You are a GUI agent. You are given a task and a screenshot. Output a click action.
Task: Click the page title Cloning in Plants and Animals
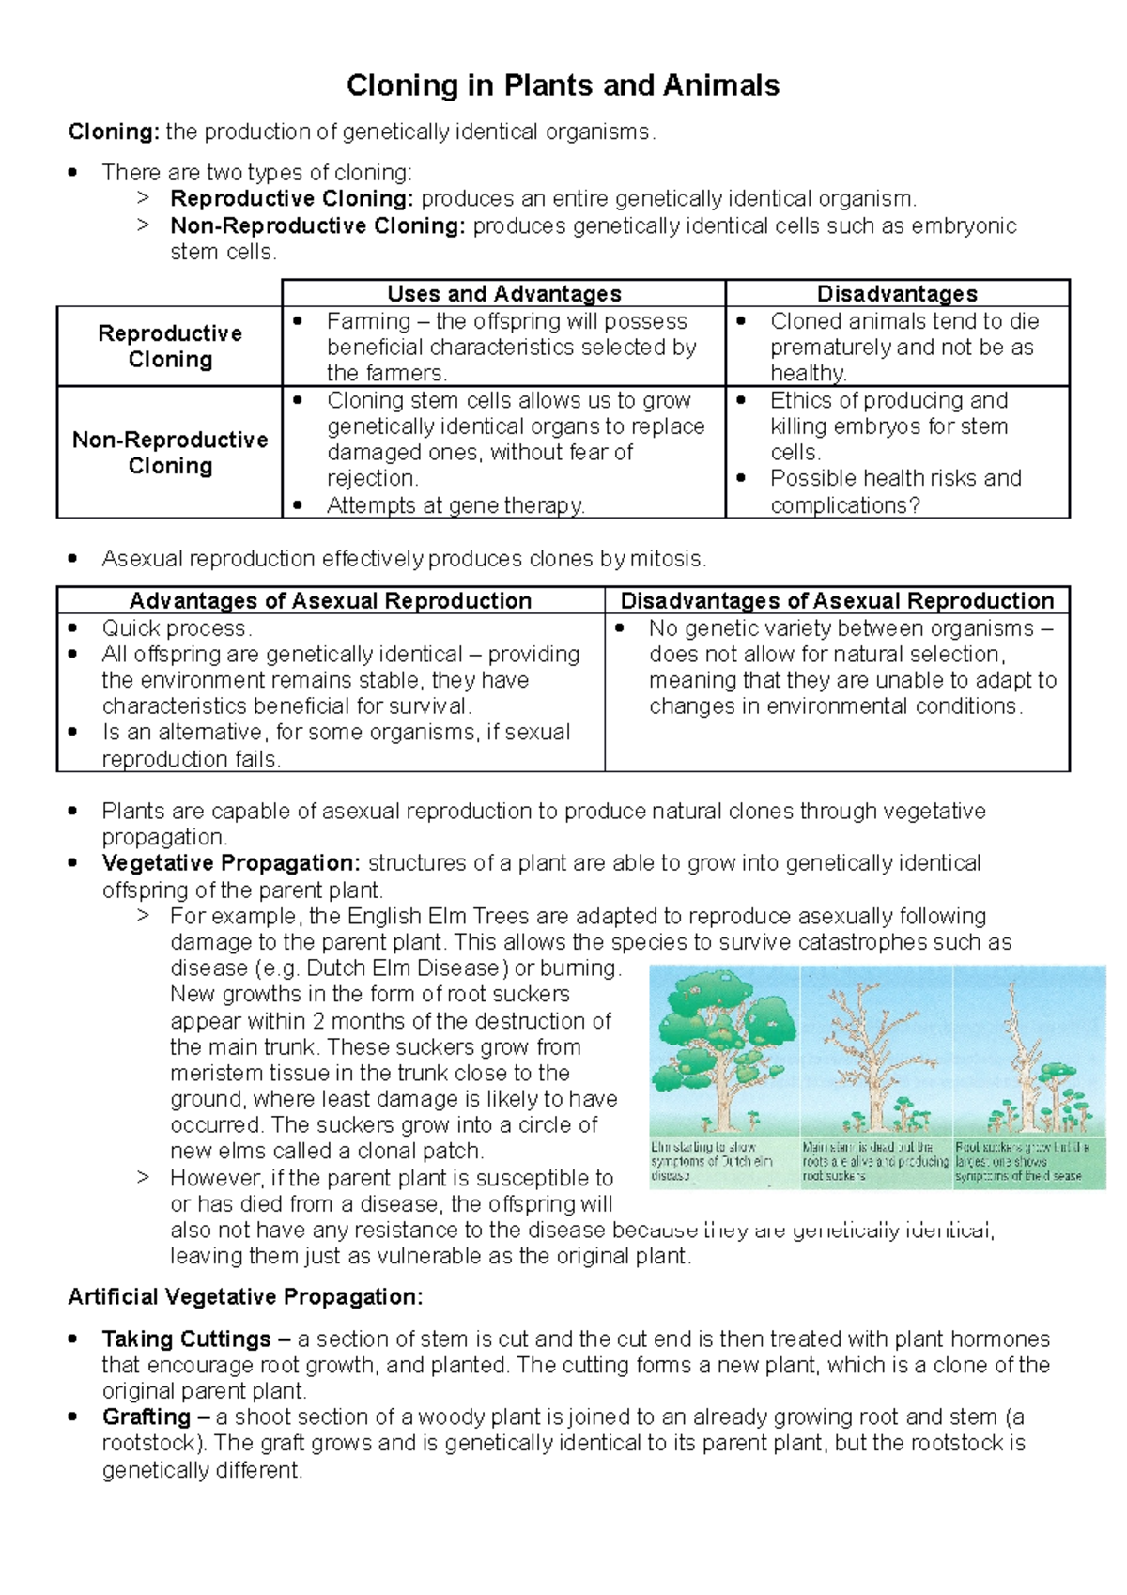click(563, 85)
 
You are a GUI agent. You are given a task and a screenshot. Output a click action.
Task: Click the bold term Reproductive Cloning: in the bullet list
click(291, 199)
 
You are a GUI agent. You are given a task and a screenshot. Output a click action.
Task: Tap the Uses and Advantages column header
click(504, 294)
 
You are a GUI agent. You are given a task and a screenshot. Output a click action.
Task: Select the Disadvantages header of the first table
click(897, 294)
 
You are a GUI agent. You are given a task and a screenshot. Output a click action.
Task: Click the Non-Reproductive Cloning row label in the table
click(170, 453)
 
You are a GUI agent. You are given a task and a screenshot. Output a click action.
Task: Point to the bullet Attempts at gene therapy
click(455, 505)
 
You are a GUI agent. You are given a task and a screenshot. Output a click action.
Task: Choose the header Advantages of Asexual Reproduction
click(331, 601)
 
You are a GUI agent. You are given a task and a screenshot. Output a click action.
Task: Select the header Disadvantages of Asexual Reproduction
click(837, 601)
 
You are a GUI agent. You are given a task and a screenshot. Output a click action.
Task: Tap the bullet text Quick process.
click(177, 627)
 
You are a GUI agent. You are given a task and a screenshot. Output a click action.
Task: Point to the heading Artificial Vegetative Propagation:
click(245, 1297)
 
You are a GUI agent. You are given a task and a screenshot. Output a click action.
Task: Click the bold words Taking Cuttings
click(186, 1339)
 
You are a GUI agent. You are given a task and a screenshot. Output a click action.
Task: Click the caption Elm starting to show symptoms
click(711, 1161)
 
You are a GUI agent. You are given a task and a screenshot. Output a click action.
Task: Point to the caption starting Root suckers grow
click(1021, 1161)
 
